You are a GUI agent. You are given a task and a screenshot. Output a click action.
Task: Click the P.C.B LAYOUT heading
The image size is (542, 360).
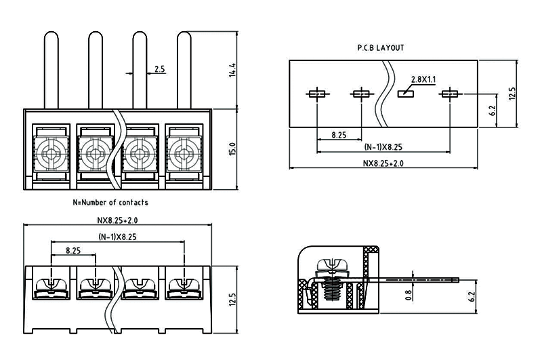click(x=380, y=48)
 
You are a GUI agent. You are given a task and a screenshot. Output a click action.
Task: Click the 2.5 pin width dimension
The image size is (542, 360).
click(x=160, y=68)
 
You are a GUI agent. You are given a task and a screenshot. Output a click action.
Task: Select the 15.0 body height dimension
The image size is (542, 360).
click(x=232, y=148)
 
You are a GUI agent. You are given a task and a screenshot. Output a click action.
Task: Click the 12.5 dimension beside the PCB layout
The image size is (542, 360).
click(x=512, y=93)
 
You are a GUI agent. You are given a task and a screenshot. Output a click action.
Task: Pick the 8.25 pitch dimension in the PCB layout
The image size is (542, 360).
click(x=339, y=136)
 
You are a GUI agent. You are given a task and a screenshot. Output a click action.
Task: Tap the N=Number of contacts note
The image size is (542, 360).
click(x=110, y=202)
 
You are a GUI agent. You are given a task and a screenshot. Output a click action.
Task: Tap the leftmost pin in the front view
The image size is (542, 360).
click(x=51, y=68)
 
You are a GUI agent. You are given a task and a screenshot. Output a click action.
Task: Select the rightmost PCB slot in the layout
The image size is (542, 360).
click(x=450, y=94)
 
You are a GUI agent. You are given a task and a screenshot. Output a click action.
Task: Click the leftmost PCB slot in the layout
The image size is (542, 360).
click(x=316, y=94)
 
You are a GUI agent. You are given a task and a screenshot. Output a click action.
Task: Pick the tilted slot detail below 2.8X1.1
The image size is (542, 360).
click(x=406, y=94)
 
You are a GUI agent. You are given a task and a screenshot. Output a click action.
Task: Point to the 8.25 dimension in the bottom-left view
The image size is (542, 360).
click(x=73, y=250)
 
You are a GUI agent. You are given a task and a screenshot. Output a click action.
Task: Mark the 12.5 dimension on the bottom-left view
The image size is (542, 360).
click(x=232, y=299)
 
